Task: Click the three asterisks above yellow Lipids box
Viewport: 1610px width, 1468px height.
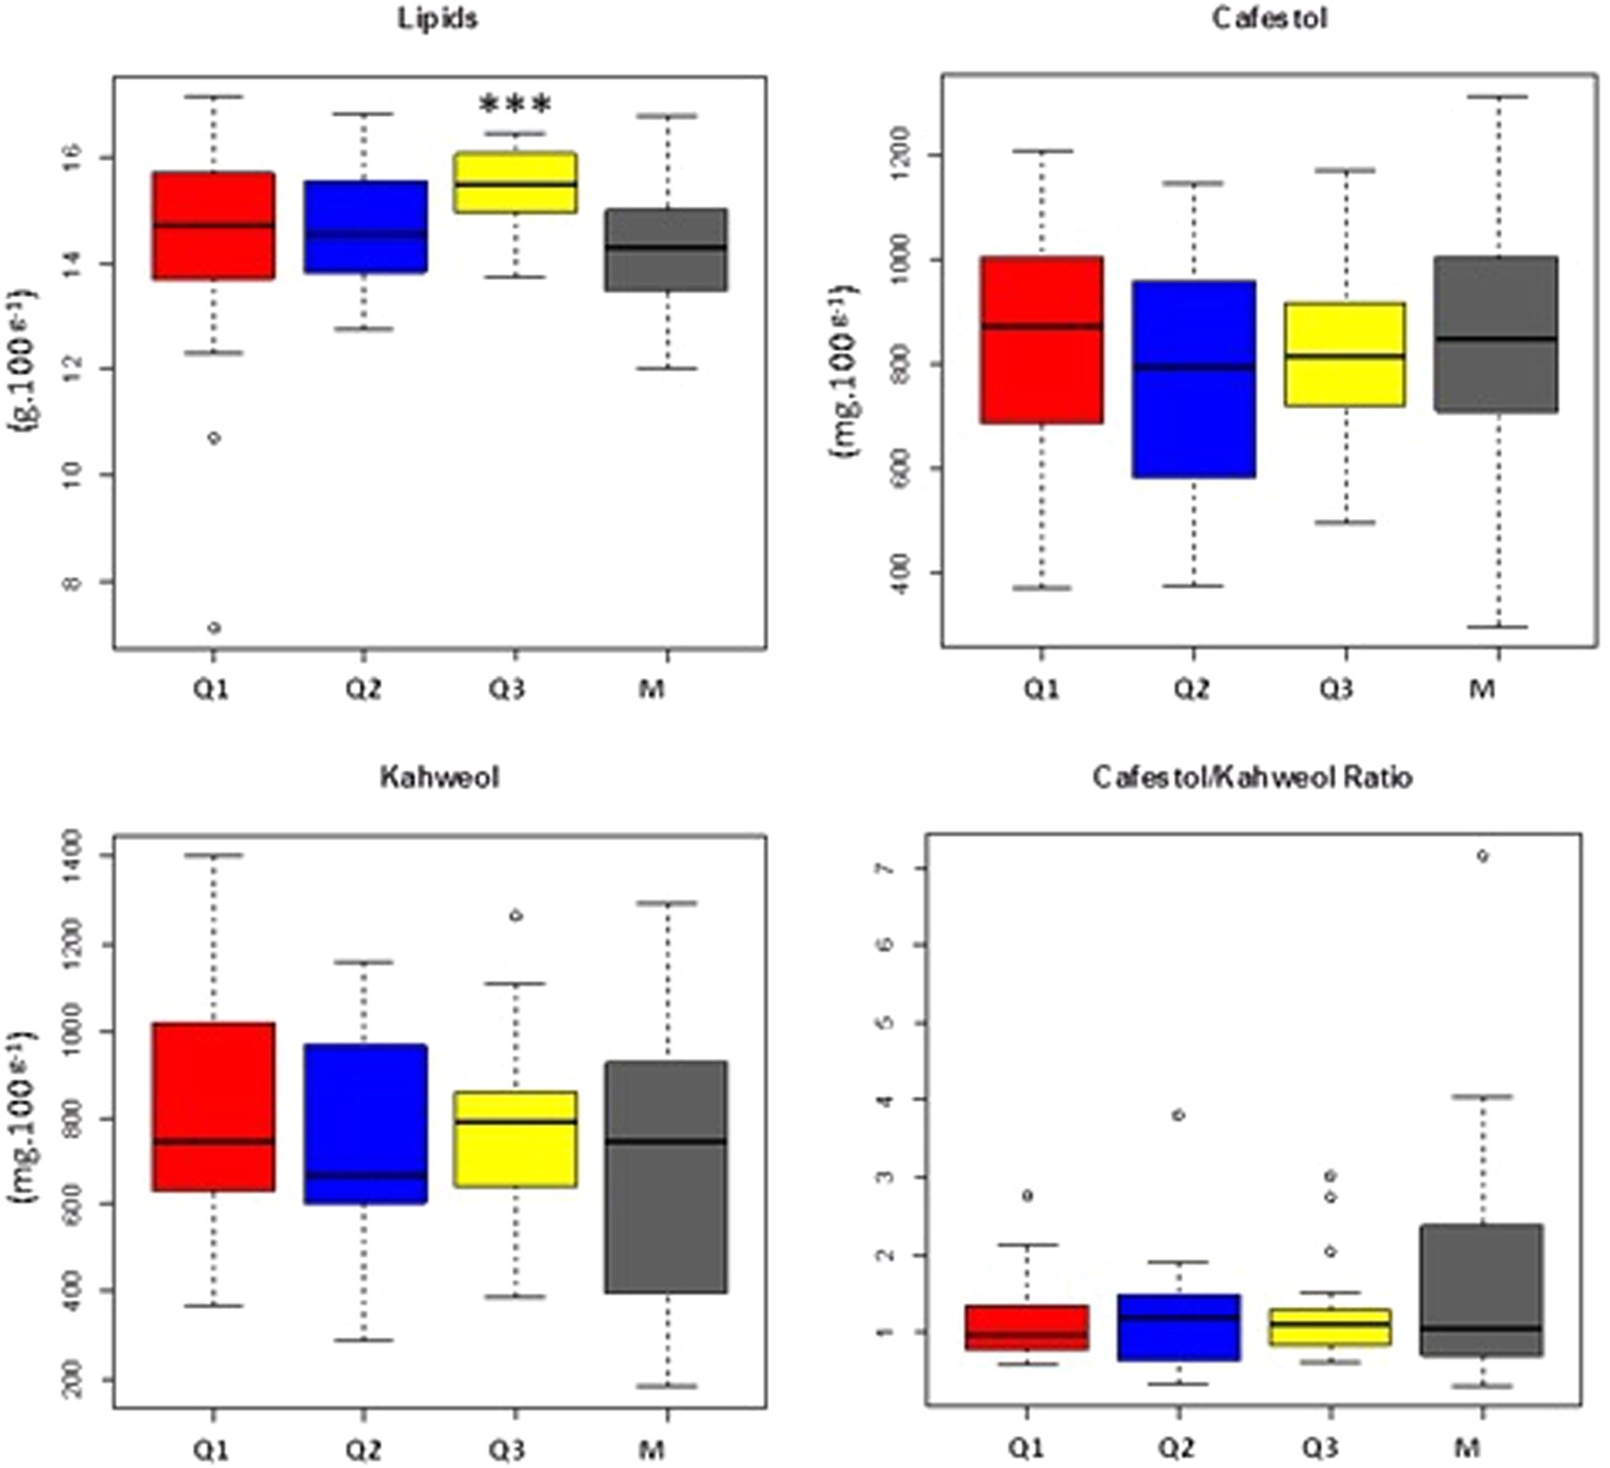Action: [x=515, y=102]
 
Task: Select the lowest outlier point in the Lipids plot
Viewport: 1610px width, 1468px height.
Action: [x=215, y=628]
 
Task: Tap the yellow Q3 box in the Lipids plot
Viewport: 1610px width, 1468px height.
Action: [x=515, y=183]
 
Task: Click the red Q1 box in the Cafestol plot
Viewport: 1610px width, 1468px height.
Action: [x=1042, y=340]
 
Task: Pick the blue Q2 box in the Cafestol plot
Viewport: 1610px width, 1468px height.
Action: [x=1192, y=379]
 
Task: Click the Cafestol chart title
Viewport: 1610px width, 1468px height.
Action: [x=1268, y=19]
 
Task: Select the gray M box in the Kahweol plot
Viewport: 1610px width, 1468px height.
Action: [x=666, y=1176]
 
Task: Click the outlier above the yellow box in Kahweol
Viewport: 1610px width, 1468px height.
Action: [x=516, y=916]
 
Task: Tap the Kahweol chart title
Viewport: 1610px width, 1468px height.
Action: [x=439, y=778]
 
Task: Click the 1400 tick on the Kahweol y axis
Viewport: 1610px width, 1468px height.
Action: [x=72, y=855]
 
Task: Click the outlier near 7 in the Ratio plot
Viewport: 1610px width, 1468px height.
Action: [x=1483, y=856]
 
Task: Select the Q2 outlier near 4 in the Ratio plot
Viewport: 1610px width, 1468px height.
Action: [x=1179, y=1115]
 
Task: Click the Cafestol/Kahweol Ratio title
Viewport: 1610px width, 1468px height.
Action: [x=1253, y=778]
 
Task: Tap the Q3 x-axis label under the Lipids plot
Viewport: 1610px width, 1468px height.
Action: [x=506, y=689]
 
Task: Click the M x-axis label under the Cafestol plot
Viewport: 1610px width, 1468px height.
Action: [x=1482, y=689]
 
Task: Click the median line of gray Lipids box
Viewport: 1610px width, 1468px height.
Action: [x=666, y=248]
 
